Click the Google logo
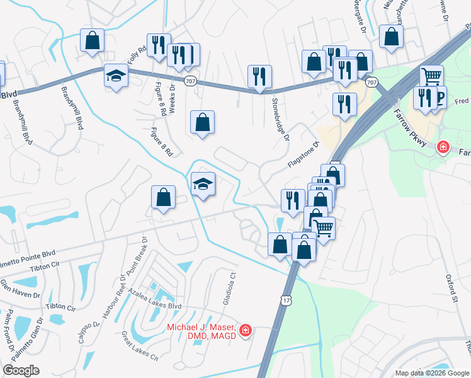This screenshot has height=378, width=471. pyautogui.click(x=21, y=370)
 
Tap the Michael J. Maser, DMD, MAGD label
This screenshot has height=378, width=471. pyautogui.click(x=201, y=331)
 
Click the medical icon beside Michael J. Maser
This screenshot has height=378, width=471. pyautogui.click(x=245, y=330)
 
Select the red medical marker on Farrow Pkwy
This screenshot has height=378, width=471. pyautogui.click(x=444, y=147)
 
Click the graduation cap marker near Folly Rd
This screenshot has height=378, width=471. pyautogui.click(x=116, y=76)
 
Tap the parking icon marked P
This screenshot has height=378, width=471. pyautogui.click(x=440, y=97)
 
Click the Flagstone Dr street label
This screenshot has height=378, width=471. pyautogui.click(x=304, y=154)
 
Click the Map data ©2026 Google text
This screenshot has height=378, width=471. pyautogui.click(x=432, y=373)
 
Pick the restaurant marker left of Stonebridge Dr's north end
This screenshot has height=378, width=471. pyautogui.click(x=259, y=77)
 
